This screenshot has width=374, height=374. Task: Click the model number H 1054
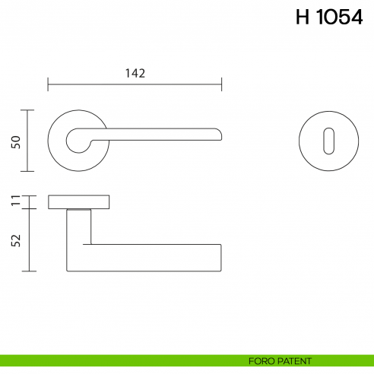tap(328, 18)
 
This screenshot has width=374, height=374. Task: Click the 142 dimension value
tap(134, 73)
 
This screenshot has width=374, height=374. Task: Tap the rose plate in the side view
tap(79, 201)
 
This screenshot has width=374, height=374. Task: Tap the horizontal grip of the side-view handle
tap(152, 258)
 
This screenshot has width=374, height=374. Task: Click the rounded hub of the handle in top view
tap(77, 141)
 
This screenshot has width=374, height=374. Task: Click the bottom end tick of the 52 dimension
tap(29, 271)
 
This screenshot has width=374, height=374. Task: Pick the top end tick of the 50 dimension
tap(29, 109)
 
